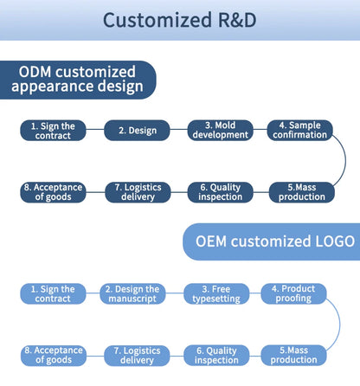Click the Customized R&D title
tap(179, 20)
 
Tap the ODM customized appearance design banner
tap(78, 80)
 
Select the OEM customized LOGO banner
tap(272, 241)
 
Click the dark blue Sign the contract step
tap(53, 131)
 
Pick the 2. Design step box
tap(137, 131)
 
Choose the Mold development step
tap(221, 130)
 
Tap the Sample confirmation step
tap(300, 130)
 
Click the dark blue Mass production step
tap(302, 192)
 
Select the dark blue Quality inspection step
tap(221, 192)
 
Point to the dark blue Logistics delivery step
tap(138, 192)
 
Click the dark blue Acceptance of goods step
tap(53, 192)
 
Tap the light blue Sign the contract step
tap(53, 293)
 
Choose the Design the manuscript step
tap(132, 293)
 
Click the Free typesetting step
tap(216, 293)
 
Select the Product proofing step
tap(293, 293)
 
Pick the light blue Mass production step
tap(293, 355)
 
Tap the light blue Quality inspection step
tap(216, 356)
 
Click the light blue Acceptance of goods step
tap(54, 356)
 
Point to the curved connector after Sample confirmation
tap(345, 160)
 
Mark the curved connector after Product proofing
tap(340, 325)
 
